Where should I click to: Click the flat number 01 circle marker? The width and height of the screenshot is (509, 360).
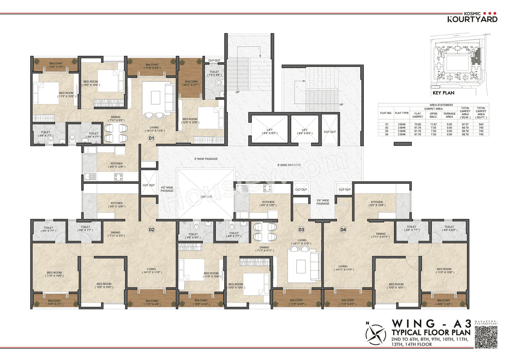[x=151, y=138]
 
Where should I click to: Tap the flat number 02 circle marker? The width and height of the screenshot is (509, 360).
[x=151, y=229]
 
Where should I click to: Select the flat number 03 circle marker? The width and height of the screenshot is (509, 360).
[x=301, y=229]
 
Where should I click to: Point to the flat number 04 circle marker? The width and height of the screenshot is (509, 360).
[x=343, y=229]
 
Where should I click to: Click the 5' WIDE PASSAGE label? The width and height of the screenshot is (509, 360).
[x=206, y=159]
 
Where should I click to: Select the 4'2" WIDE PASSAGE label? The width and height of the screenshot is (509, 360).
[x=167, y=189]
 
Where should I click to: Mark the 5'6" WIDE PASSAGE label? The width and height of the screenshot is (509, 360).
[x=323, y=202]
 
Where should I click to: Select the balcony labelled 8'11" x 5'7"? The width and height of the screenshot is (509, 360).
[x=190, y=83]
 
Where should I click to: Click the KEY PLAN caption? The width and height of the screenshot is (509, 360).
[x=443, y=93]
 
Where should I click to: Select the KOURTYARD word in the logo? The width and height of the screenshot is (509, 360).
[x=472, y=19]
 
